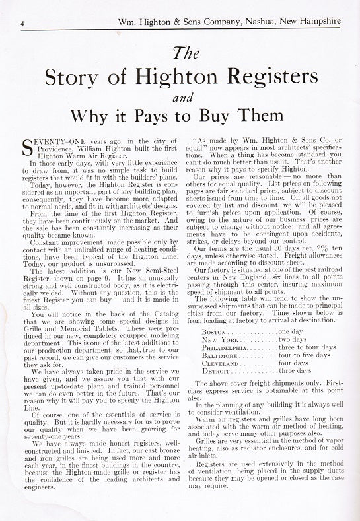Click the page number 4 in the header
coord(23,23)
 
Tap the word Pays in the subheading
coord(178,118)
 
